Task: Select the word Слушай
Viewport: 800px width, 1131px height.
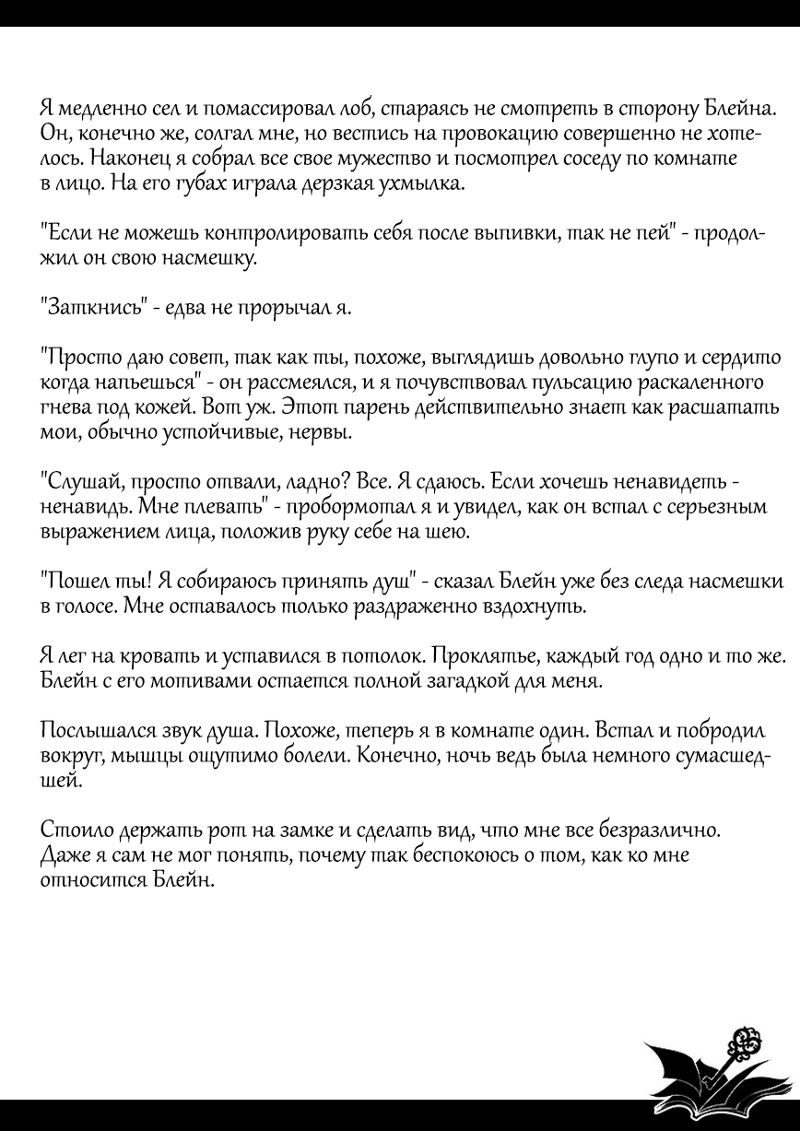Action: point(81,482)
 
